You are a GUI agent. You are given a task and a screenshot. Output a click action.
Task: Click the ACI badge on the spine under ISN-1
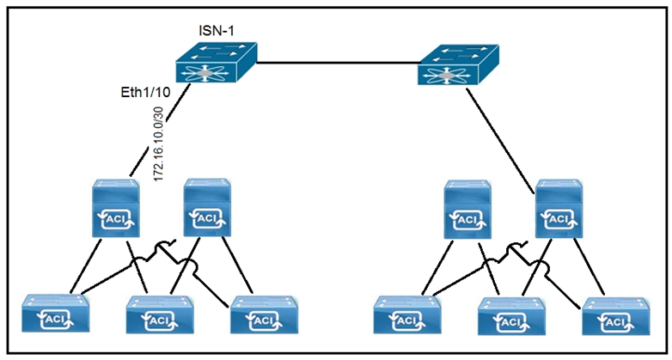(x=117, y=222)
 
